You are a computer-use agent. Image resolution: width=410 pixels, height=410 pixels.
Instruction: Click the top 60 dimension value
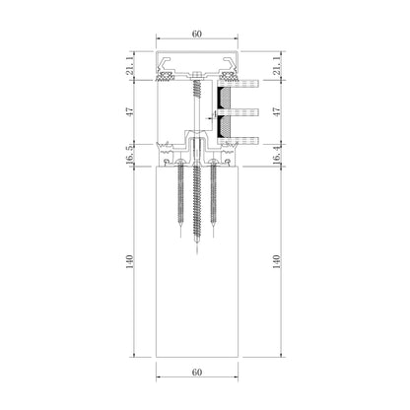tap(197, 34)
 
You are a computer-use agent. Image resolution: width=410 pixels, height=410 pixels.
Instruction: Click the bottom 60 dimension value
tap(197, 373)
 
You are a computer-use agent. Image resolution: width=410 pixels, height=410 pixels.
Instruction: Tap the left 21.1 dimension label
tap(130, 66)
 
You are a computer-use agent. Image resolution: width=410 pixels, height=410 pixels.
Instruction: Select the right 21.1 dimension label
tap(277, 66)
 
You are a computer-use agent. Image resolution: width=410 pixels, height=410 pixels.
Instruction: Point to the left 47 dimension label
tap(130, 111)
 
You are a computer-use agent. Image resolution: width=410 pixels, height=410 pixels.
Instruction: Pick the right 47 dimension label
tap(277, 111)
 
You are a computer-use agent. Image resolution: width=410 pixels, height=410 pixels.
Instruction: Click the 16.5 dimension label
tap(130, 155)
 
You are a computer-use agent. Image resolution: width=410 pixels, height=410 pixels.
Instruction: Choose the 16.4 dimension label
tap(277, 155)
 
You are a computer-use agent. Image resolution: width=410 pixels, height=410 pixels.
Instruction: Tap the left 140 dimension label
tap(130, 261)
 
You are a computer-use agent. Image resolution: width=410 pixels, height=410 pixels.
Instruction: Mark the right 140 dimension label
tap(277, 261)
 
